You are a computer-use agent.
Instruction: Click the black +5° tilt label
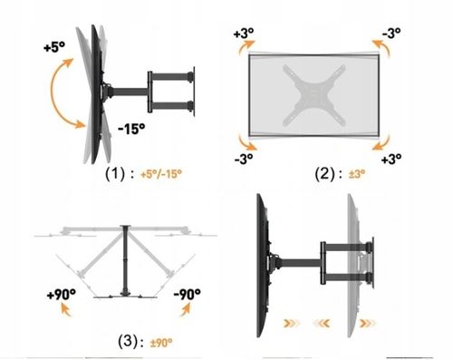tap(54, 47)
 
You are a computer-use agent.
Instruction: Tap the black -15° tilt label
tap(131, 129)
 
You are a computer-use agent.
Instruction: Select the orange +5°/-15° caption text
tap(161, 174)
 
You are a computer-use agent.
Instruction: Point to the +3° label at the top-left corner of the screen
tap(244, 33)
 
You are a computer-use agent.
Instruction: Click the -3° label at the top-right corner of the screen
tap(391, 33)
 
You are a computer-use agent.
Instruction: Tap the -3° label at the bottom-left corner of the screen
tap(244, 159)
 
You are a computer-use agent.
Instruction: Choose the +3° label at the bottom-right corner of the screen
tap(391, 159)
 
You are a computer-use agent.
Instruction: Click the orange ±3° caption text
tap(357, 174)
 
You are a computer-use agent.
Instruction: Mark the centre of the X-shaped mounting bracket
tap(314, 95)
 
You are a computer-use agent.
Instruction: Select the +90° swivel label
tap(62, 294)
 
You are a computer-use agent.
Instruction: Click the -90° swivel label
tap(188, 294)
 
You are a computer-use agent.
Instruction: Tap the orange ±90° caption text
tap(161, 343)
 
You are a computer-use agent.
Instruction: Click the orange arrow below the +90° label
tap(66, 310)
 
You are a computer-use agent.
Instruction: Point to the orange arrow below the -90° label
tap(185, 309)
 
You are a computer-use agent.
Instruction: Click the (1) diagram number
tap(115, 174)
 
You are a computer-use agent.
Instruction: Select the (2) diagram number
tap(324, 174)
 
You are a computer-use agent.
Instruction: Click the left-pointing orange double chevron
tap(322, 324)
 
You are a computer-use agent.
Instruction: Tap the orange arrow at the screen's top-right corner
tap(381, 48)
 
